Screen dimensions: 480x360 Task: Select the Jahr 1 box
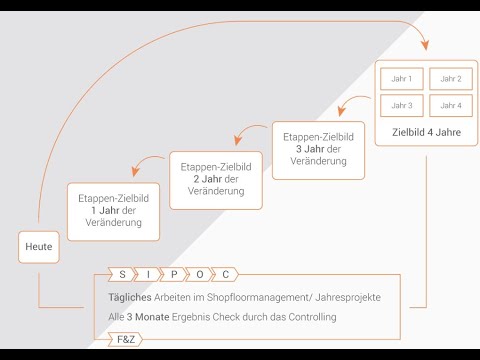tap(400, 78)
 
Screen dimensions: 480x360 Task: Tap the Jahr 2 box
tap(450, 78)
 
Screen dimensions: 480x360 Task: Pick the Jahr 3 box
tap(400, 105)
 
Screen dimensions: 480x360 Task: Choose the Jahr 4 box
tap(450, 105)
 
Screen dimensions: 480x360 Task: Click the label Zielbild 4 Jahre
tap(425, 131)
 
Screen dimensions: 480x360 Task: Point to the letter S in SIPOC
tap(122, 273)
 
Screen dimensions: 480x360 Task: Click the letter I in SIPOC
tap(149, 273)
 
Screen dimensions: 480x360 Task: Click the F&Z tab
tap(127, 340)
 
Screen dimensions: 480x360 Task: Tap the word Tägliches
tap(132, 298)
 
